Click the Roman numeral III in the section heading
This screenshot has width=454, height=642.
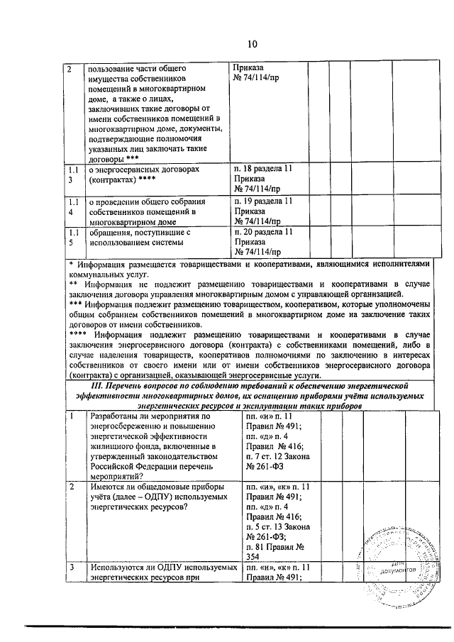[x=89, y=384]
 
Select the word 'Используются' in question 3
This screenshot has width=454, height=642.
[x=116, y=568]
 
